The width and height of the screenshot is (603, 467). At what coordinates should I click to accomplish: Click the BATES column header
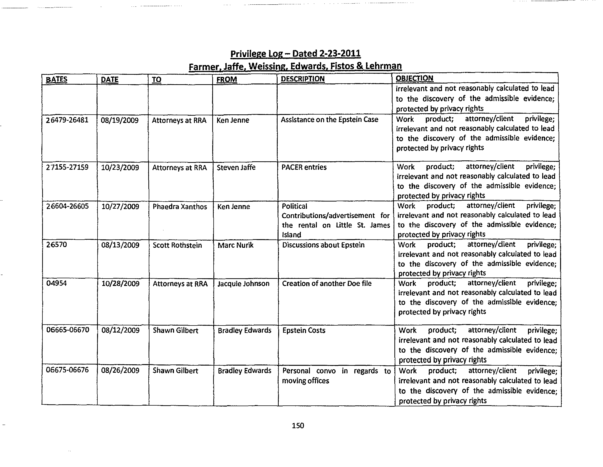point(56,79)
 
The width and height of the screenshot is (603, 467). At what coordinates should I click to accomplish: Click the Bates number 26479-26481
point(67,120)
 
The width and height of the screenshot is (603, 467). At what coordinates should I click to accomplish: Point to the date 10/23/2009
point(120,168)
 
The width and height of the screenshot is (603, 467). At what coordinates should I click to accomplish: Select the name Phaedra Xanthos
point(180,207)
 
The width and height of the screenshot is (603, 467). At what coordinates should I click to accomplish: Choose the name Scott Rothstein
point(177,245)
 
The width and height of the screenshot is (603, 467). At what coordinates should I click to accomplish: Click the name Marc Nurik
point(235,245)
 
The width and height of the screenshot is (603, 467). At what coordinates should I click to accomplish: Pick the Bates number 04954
point(56,283)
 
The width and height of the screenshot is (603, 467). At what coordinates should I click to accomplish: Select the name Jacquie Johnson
point(243,284)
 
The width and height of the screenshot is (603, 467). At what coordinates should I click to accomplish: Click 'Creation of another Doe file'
point(327,284)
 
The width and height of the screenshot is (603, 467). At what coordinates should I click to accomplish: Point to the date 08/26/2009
point(120,370)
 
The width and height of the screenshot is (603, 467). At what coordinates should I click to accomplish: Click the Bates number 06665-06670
point(68,330)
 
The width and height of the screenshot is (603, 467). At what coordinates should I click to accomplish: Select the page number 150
point(298,426)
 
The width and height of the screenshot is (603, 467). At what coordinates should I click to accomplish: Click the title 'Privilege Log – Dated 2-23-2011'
point(295,53)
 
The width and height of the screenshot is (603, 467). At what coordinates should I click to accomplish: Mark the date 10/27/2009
point(120,207)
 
